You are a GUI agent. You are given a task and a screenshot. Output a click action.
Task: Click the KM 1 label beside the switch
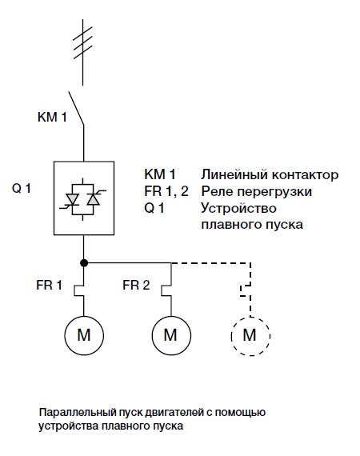click(x=52, y=117)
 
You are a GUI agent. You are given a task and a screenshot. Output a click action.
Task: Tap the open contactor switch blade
click(x=76, y=109)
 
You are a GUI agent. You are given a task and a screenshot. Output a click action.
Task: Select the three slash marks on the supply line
click(x=83, y=42)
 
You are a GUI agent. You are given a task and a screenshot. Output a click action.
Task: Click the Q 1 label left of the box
click(x=22, y=189)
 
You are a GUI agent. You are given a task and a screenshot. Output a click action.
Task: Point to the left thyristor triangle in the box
click(x=72, y=199)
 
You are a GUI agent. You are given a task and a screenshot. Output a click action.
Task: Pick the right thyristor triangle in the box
click(x=94, y=199)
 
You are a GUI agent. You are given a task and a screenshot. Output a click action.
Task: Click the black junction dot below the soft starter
click(x=84, y=263)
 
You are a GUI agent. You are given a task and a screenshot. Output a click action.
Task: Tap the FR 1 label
click(x=49, y=285)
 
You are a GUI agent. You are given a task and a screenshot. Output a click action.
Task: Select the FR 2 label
click(x=136, y=285)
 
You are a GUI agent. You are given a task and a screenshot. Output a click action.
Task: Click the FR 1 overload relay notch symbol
click(x=79, y=291)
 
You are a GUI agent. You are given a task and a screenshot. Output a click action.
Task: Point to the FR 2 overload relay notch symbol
click(x=166, y=291)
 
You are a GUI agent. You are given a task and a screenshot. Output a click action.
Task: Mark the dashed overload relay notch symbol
click(x=246, y=291)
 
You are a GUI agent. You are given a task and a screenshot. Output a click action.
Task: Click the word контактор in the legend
click(x=306, y=174)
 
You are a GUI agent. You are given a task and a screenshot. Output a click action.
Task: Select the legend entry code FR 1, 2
click(x=166, y=191)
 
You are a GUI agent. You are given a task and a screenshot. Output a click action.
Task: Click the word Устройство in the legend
click(x=238, y=209)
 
